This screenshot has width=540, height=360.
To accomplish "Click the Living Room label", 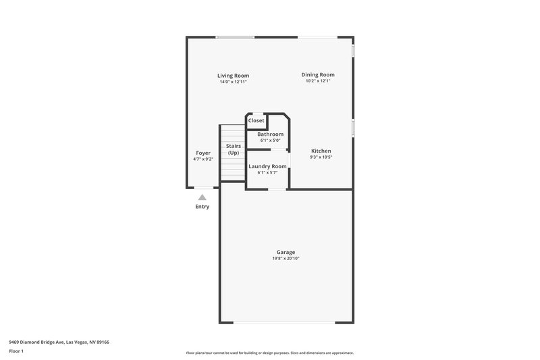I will point(233,75).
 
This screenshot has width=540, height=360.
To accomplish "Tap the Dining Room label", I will point(317,74).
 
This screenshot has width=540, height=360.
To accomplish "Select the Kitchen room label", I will point(321,151).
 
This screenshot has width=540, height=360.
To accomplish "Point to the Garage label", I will point(286,252).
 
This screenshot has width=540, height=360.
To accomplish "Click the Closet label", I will point(256,120).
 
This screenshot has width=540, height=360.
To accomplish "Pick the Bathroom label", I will point(270,134).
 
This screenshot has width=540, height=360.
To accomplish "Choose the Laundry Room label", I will point(267,166).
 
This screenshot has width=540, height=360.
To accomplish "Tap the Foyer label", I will point(203,153).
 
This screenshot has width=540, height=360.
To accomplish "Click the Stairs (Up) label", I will point(234,149).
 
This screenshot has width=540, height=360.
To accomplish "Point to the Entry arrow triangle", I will point(202,197).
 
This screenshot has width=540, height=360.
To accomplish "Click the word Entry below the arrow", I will point(202,207).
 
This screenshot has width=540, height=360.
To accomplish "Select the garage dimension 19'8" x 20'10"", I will point(286,258).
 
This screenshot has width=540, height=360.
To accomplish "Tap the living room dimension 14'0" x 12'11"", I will point(233,82).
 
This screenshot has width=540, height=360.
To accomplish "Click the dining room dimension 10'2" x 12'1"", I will point(317,81).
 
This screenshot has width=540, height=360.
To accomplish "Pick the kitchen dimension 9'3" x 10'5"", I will point(321,157).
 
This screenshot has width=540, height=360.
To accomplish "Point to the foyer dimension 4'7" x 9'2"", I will point(203,159).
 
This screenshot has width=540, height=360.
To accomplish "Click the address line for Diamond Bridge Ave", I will point(59,342).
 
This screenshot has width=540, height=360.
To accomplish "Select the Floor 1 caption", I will point(16,352).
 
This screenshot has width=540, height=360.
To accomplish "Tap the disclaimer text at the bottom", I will point(269,353).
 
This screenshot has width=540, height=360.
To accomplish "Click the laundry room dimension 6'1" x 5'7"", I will point(267,172).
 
